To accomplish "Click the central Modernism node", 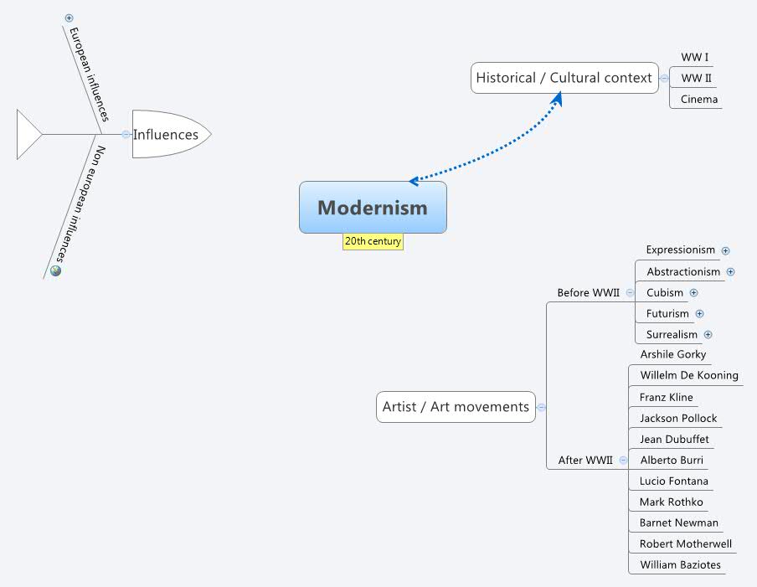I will pyautogui.click(x=373, y=208).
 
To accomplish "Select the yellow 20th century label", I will pyautogui.click(x=373, y=241).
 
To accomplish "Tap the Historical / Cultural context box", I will pyautogui.click(x=564, y=78).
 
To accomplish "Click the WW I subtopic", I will pyautogui.click(x=694, y=58).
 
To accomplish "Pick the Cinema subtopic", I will pyautogui.click(x=698, y=99).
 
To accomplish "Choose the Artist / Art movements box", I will pyautogui.click(x=456, y=407).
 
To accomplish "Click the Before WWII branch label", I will pyautogui.click(x=588, y=292).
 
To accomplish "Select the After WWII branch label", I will pyautogui.click(x=585, y=460).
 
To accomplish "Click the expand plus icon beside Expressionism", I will pyautogui.click(x=726, y=250).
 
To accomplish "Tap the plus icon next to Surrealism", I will pyautogui.click(x=708, y=335).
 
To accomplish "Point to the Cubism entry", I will pyautogui.click(x=665, y=292).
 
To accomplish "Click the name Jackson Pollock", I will pyautogui.click(x=678, y=418).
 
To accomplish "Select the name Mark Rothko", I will pyautogui.click(x=671, y=502).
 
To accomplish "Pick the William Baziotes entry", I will pyautogui.click(x=680, y=564).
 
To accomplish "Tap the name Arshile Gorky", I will pyautogui.click(x=672, y=354).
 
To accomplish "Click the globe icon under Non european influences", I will pyautogui.click(x=56, y=270).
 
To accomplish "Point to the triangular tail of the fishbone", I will pyautogui.click(x=27, y=134).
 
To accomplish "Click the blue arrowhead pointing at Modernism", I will pyautogui.click(x=414, y=181).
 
